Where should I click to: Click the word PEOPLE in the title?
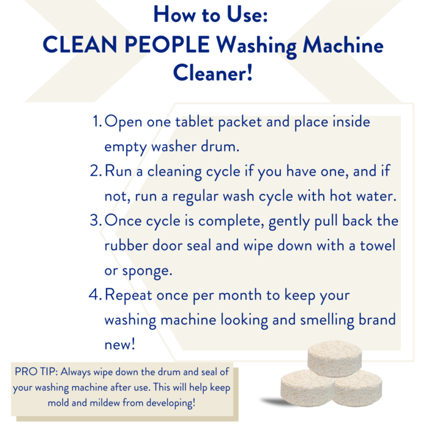(x=167, y=45)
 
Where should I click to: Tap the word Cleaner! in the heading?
(x=213, y=73)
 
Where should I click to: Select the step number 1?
(x=97, y=121)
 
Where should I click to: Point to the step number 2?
(x=96, y=171)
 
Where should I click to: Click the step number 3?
(x=96, y=220)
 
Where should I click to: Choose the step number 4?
(x=95, y=294)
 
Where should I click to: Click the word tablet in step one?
(x=194, y=121)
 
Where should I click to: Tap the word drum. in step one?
(x=220, y=146)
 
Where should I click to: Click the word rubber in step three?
(x=126, y=245)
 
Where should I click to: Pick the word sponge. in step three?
(x=148, y=271)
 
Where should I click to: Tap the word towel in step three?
(x=378, y=245)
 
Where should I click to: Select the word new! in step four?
(x=120, y=344)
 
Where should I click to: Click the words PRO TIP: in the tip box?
(x=36, y=372)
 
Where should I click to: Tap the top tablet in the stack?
(x=335, y=358)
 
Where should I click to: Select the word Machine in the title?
(x=343, y=45)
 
